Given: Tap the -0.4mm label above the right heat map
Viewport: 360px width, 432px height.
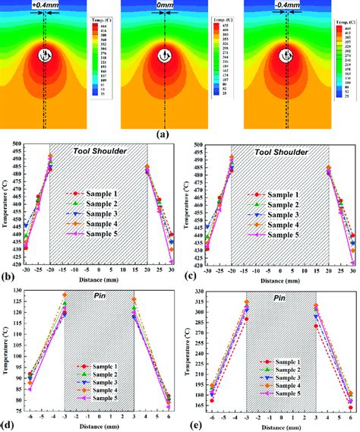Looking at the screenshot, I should click(x=286, y=5).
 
